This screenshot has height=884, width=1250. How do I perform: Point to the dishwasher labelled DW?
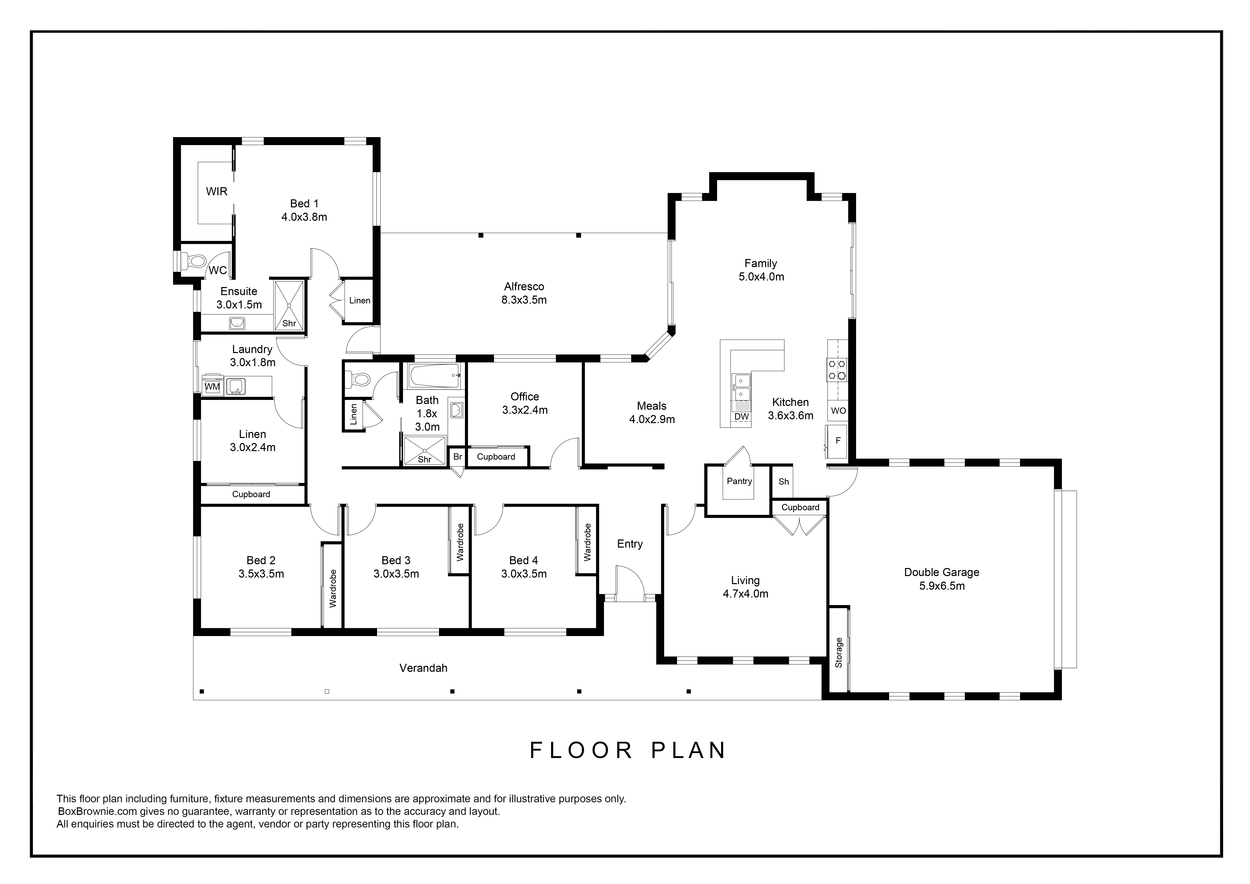point(741,417)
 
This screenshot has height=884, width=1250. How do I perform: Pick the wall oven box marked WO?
point(838,411)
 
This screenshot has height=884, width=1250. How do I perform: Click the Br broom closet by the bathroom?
point(457,456)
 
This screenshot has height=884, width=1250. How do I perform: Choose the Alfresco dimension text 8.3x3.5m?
point(524,300)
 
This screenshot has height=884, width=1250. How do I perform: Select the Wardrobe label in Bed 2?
point(333,588)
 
